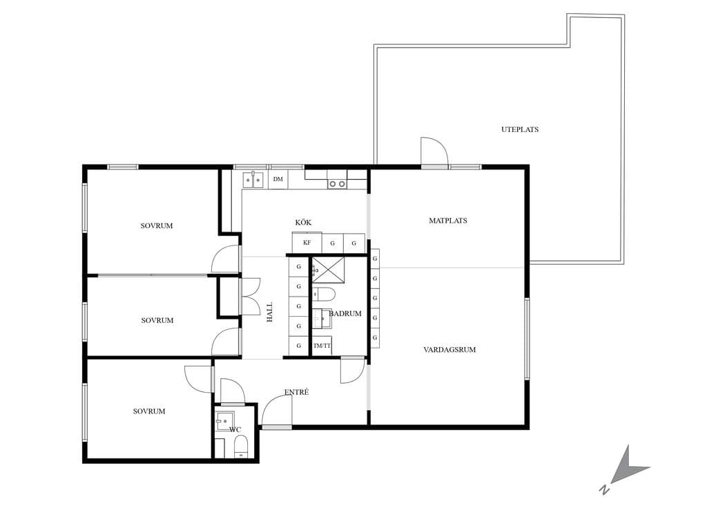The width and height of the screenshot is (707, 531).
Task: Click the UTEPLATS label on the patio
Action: (520, 129)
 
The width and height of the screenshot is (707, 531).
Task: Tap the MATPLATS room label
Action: (447, 221)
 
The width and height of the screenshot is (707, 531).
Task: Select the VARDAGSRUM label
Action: (449, 349)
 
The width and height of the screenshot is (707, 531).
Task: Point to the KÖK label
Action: (303, 222)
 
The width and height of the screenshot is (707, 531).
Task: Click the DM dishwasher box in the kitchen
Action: (278, 179)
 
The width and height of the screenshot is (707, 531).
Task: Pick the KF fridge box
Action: (307, 243)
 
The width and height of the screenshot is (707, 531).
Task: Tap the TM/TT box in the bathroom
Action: (322, 346)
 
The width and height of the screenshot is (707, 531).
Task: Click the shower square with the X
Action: (328, 270)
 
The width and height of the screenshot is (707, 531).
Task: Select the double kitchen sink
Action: (253, 180)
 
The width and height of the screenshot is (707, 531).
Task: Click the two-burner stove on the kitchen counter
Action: (337, 184)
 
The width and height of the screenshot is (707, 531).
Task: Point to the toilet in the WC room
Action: (241, 447)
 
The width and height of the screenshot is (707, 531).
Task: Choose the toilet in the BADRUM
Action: (324, 293)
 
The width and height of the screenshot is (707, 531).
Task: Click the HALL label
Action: (270, 312)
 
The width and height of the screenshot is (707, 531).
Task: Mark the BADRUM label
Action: (345, 313)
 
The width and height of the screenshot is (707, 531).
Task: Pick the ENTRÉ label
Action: (296, 392)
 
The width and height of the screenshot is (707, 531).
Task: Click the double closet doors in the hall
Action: (251, 296)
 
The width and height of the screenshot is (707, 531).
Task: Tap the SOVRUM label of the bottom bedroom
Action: (149, 411)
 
